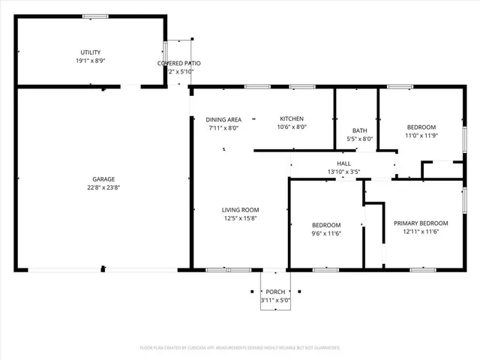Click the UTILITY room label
point(90,52)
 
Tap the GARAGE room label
point(103,179)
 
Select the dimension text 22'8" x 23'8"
point(103,187)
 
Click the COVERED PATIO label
point(178,63)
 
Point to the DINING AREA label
point(223,119)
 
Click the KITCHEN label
point(292,119)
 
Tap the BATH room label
point(359,130)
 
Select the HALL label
point(344,163)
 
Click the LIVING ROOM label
point(240,210)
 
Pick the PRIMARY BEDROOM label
point(421,223)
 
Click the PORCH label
point(275,292)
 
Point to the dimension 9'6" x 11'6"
point(326,234)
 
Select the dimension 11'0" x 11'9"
point(421,136)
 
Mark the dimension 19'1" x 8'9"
point(90,60)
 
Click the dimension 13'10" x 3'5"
point(344,172)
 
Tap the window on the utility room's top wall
point(94,16)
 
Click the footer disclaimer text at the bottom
point(240,348)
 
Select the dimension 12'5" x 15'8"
point(240,218)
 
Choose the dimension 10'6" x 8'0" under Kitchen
point(292,127)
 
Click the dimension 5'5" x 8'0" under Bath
point(359,139)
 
